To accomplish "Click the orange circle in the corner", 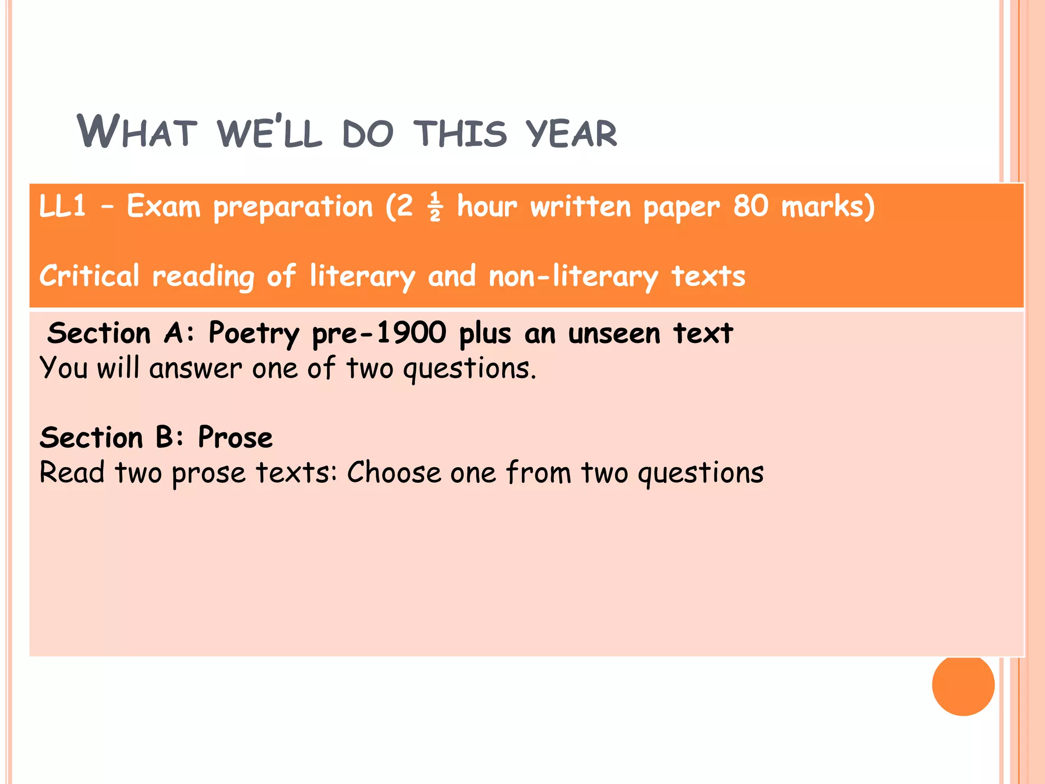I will (x=963, y=684).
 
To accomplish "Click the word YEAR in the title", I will (x=571, y=133).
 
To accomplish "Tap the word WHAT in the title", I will (x=137, y=132).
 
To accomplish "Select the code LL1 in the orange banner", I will (x=62, y=206).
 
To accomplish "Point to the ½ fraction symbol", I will (x=435, y=207).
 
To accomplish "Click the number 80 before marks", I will (x=751, y=206).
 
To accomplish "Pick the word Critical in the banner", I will (x=89, y=276).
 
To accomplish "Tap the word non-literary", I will (x=573, y=276).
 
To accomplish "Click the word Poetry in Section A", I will (x=254, y=334).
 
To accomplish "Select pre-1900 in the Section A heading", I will (x=379, y=334).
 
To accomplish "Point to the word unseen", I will (x=614, y=334).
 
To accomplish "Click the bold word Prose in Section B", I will (x=235, y=437).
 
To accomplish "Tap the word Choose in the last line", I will (x=393, y=472).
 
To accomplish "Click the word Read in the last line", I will (x=72, y=472).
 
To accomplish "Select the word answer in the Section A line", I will (x=195, y=368).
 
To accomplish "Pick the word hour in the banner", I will (x=487, y=206).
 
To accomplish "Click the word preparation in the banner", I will (x=293, y=207).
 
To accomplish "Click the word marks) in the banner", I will (x=828, y=206).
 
